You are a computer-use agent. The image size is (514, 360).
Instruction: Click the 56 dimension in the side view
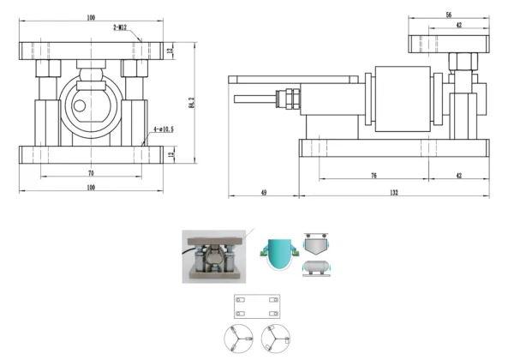(448, 15)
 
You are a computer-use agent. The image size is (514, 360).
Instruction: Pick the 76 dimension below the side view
(374, 175)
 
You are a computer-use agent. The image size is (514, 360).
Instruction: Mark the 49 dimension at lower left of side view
(263, 193)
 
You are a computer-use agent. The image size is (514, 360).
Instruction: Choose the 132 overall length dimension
(392, 193)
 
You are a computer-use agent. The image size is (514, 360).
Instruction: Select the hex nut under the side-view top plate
(466, 62)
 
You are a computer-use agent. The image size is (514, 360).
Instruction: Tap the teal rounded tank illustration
(280, 254)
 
